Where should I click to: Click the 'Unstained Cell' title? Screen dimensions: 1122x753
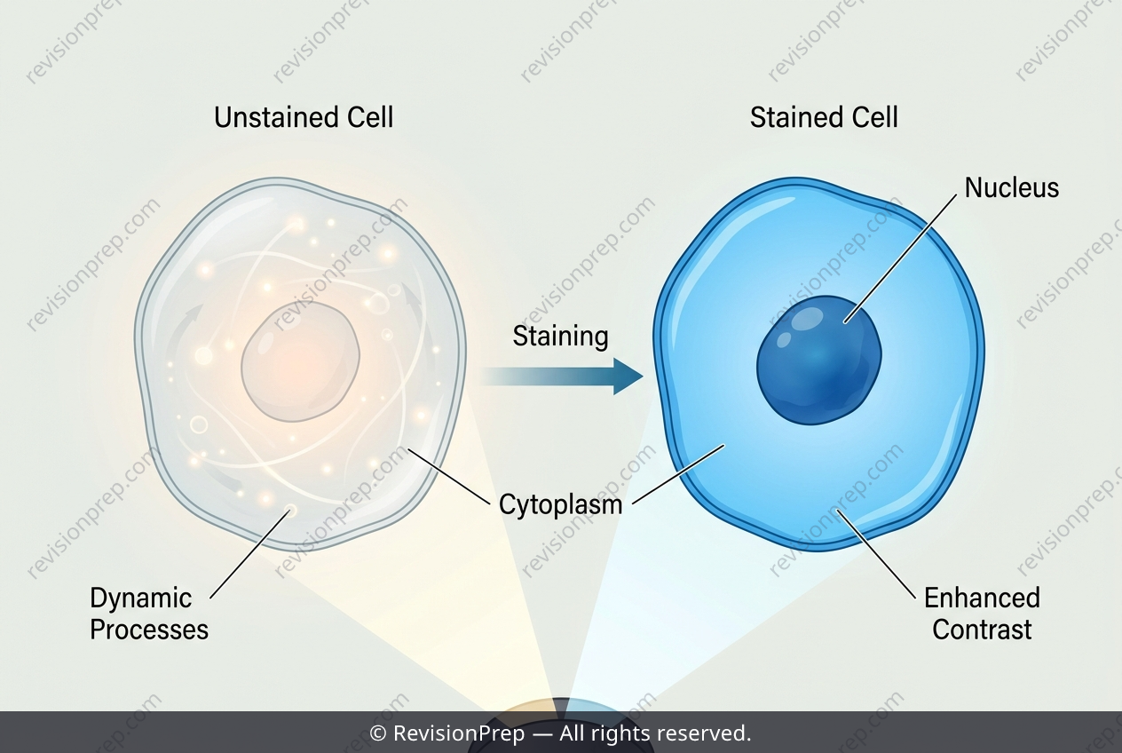coord(304,118)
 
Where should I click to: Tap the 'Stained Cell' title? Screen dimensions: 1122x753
coord(824,118)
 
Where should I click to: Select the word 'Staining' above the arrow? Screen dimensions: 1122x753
coord(560,337)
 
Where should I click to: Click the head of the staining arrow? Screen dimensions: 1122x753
coord(628,376)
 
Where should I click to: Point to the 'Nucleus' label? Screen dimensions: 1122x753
coord(1012,188)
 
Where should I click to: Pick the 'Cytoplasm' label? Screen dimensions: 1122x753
coord(560,504)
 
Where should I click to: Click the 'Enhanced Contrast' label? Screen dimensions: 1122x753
coord(982,614)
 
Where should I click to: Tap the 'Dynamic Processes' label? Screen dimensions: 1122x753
coord(149,614)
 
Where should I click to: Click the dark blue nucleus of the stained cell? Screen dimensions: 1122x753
coord(819,360)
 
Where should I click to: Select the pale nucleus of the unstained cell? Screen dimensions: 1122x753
coord(301,361)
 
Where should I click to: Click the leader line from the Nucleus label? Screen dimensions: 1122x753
coord(900,259)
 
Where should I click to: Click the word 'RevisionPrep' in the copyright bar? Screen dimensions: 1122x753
coord(459,733)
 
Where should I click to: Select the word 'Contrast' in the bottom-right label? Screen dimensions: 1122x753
coord(982,630)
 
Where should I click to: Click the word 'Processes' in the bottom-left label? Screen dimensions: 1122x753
coord(149,630)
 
